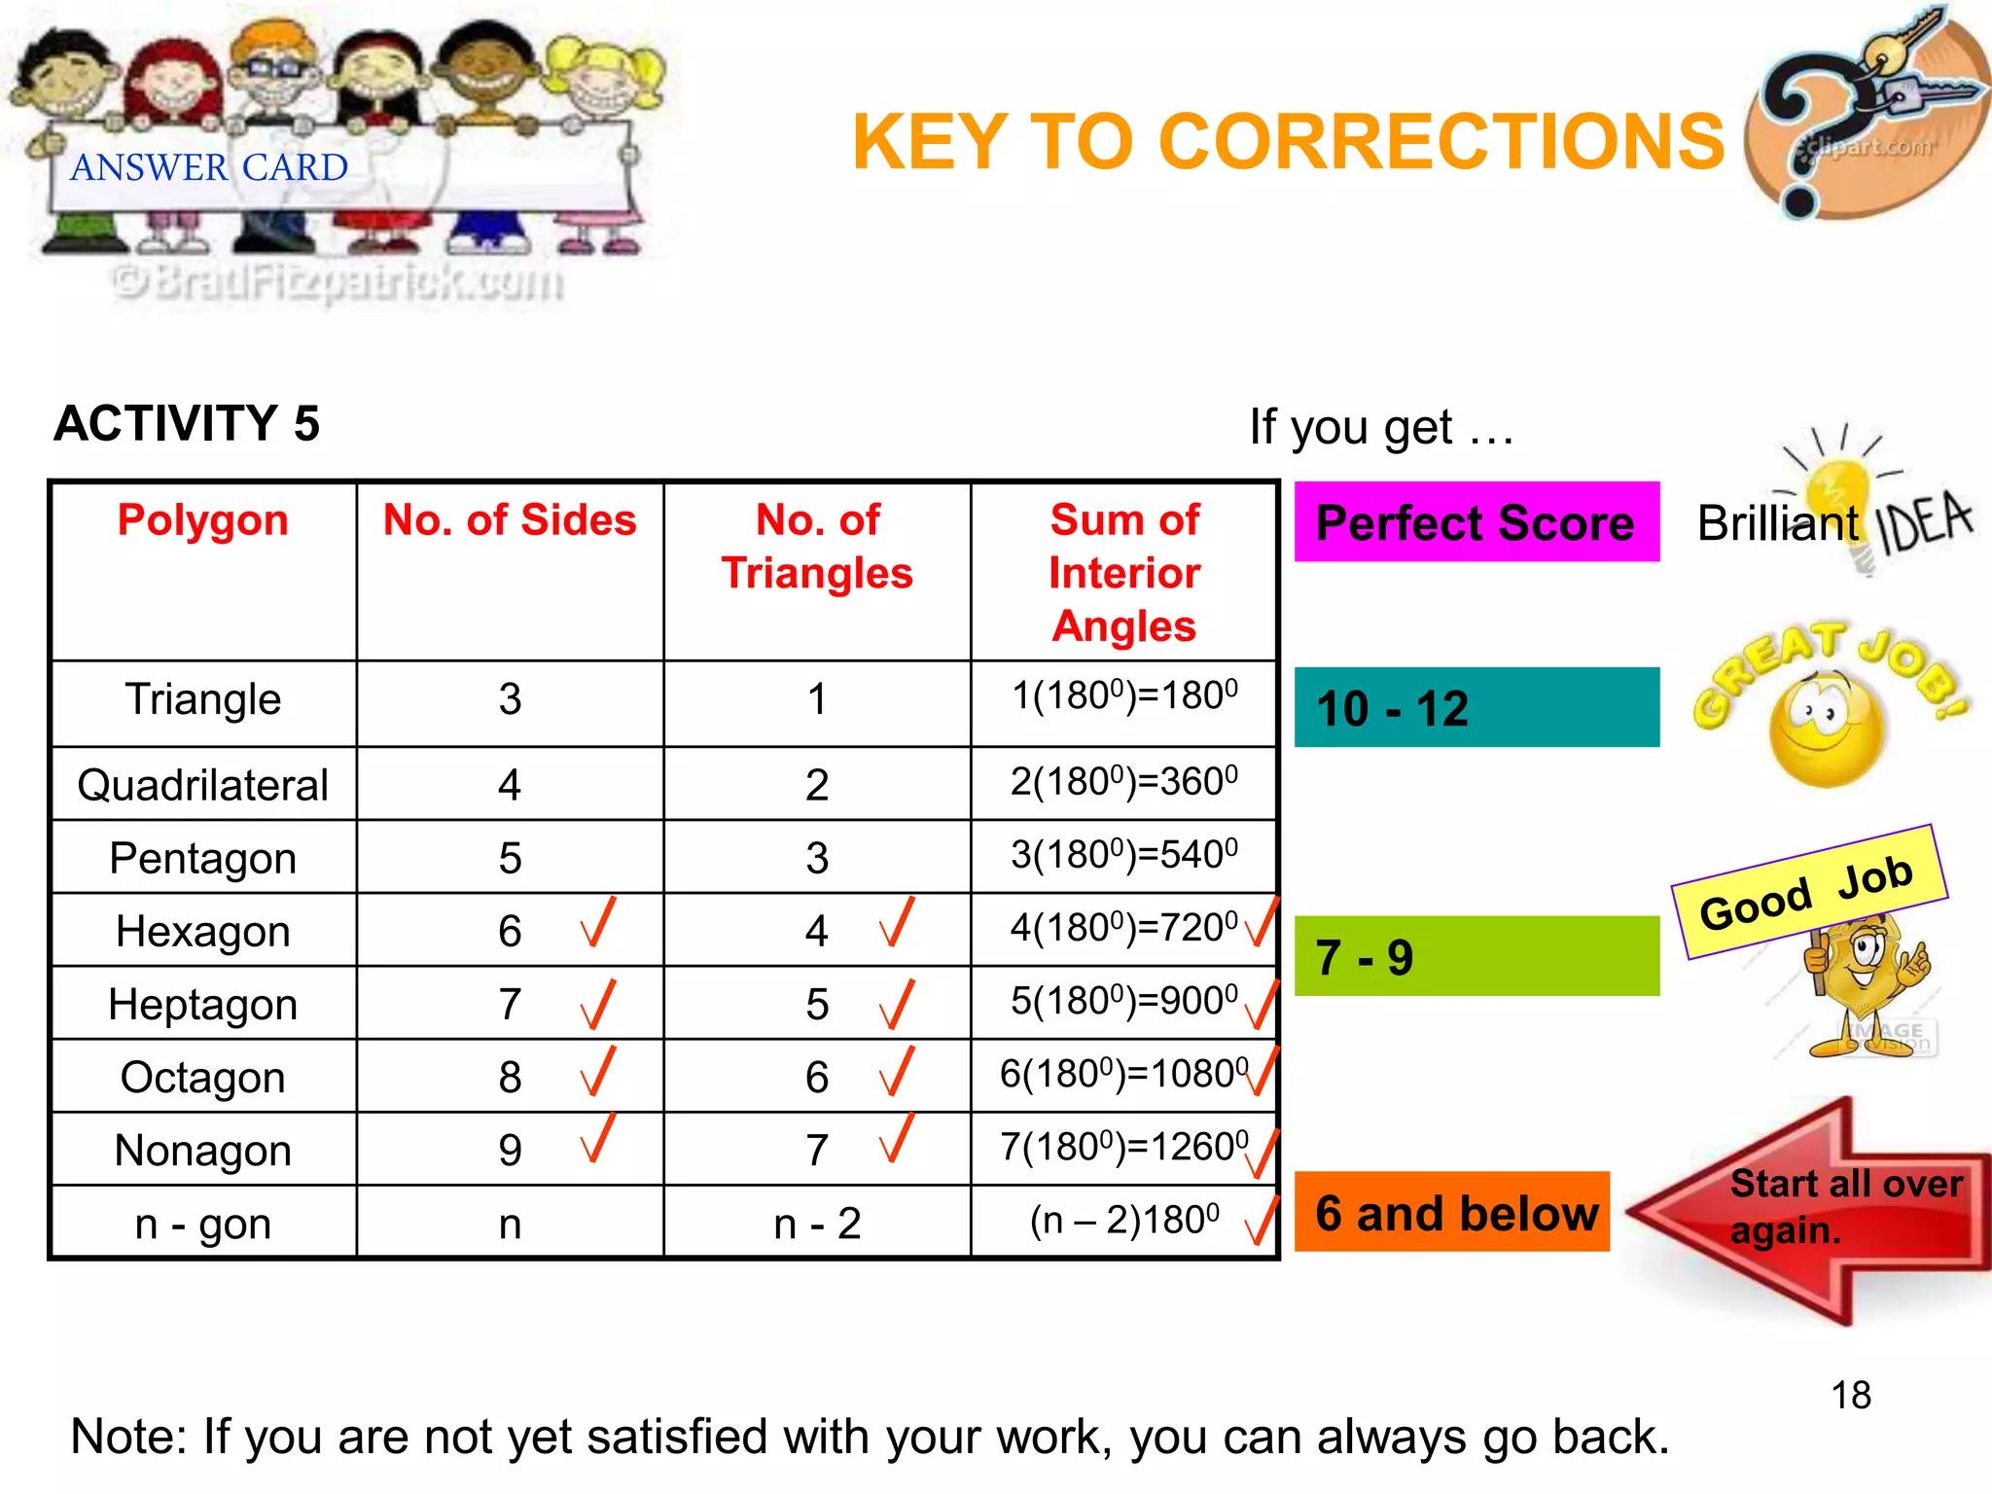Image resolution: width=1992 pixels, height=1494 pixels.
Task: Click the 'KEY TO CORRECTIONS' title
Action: (x=1288, y=142)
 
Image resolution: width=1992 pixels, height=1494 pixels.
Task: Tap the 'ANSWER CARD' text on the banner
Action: (x=209, y=168)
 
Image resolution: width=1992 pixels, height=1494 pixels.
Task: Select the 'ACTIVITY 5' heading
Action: (x=187, y=423)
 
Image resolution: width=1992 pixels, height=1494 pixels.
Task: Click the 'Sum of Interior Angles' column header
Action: (x=1124, y=573)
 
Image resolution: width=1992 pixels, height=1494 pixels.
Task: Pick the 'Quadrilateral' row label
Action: (x=203, y=785)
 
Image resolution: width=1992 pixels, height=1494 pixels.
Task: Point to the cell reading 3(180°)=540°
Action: (x=1123, y=855)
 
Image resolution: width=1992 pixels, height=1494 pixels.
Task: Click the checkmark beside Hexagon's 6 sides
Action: (x=597, y=923)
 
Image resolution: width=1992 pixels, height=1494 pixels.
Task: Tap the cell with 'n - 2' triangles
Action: (x=817, y=1223)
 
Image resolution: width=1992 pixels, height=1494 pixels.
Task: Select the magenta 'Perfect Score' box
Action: (x=1476, y=522)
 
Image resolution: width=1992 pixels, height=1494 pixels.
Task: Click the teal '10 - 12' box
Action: (x=1476, y=707)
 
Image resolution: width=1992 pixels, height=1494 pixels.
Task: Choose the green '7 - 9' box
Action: (x=1476, y=956)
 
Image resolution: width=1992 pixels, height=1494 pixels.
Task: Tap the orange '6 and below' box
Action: (x=1452, y=1212)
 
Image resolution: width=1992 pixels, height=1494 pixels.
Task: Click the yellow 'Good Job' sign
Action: (x=1808, y=892)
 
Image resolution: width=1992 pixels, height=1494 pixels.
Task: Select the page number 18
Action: (x=1851, y=1395)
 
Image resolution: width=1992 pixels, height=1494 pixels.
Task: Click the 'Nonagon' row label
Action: (x=203, y=1151)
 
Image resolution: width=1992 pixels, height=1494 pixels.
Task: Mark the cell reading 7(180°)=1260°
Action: (x=1123, y=1148)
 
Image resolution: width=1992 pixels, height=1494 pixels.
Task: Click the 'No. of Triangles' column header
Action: (x=817, y=547)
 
